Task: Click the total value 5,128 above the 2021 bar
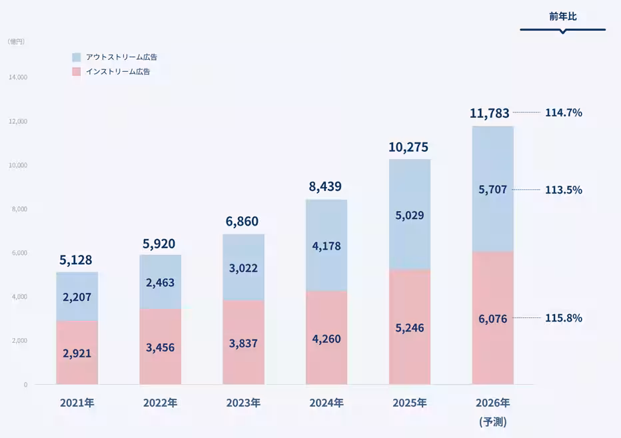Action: coord(75,260)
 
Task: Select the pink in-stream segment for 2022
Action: coord(160,346)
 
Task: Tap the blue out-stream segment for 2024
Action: coord(326,246)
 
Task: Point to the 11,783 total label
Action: coord(490,113)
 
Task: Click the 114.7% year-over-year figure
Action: coord(564,112)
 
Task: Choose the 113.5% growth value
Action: coord(564,190)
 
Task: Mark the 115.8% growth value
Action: coord(564,318)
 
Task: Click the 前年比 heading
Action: coord(563,17)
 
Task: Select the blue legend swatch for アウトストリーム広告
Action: coord(76,57)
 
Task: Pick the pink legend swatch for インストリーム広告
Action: coord(76,71)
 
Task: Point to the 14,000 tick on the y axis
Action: coord(18,77)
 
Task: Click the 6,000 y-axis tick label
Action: coord(20,253)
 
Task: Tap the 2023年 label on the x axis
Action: coord(243,403)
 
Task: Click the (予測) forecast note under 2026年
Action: coord(493,422)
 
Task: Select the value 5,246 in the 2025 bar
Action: coord(409,328)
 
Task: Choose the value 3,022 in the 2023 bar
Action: coord(243,269)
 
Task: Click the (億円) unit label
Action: coord(16,41)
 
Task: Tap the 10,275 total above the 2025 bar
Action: coord(408,147)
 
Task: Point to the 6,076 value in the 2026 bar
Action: coord(493,319)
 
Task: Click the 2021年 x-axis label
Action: coord(77,403)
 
